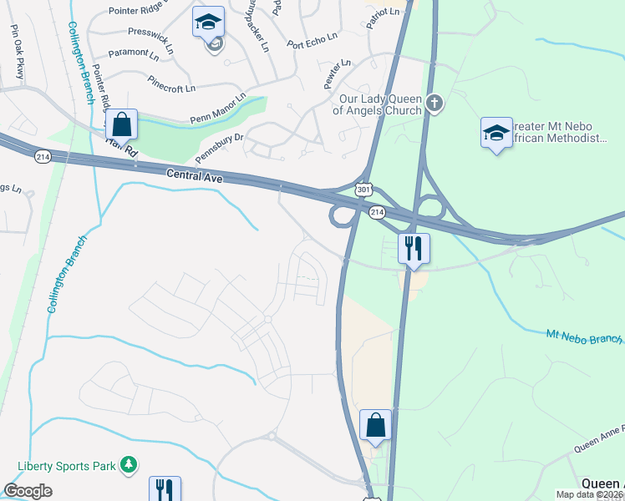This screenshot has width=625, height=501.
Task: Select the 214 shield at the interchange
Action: pyautogui.click(x=377, y=213)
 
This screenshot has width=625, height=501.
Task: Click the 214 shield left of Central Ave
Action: pyautogui.click(x=43, y=156)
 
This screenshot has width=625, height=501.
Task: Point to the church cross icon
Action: pyautogui.click(x=433, y=104)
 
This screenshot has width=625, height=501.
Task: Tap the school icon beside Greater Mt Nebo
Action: pyautogui.click(x=496, y=133)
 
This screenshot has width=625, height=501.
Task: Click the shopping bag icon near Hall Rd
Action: pyautogui.click(x=121, y=124)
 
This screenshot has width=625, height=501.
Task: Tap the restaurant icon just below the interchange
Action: pyautogui.click(x=413, y=248)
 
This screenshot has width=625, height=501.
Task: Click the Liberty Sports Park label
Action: pyautogui.click(x=67, y=464)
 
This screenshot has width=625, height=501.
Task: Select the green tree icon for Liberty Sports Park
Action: pyautogui.click(x=128, y=463)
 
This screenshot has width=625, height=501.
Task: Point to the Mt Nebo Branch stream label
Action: pyautogui.click(x=584, y=337)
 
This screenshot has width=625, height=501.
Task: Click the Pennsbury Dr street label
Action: pyautogui.click(x=218, y=147)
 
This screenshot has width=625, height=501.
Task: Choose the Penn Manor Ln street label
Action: pyautogui.click(x=217, y=108)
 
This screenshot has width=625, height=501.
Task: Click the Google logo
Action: pyautogui.click(x=28, y=491)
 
